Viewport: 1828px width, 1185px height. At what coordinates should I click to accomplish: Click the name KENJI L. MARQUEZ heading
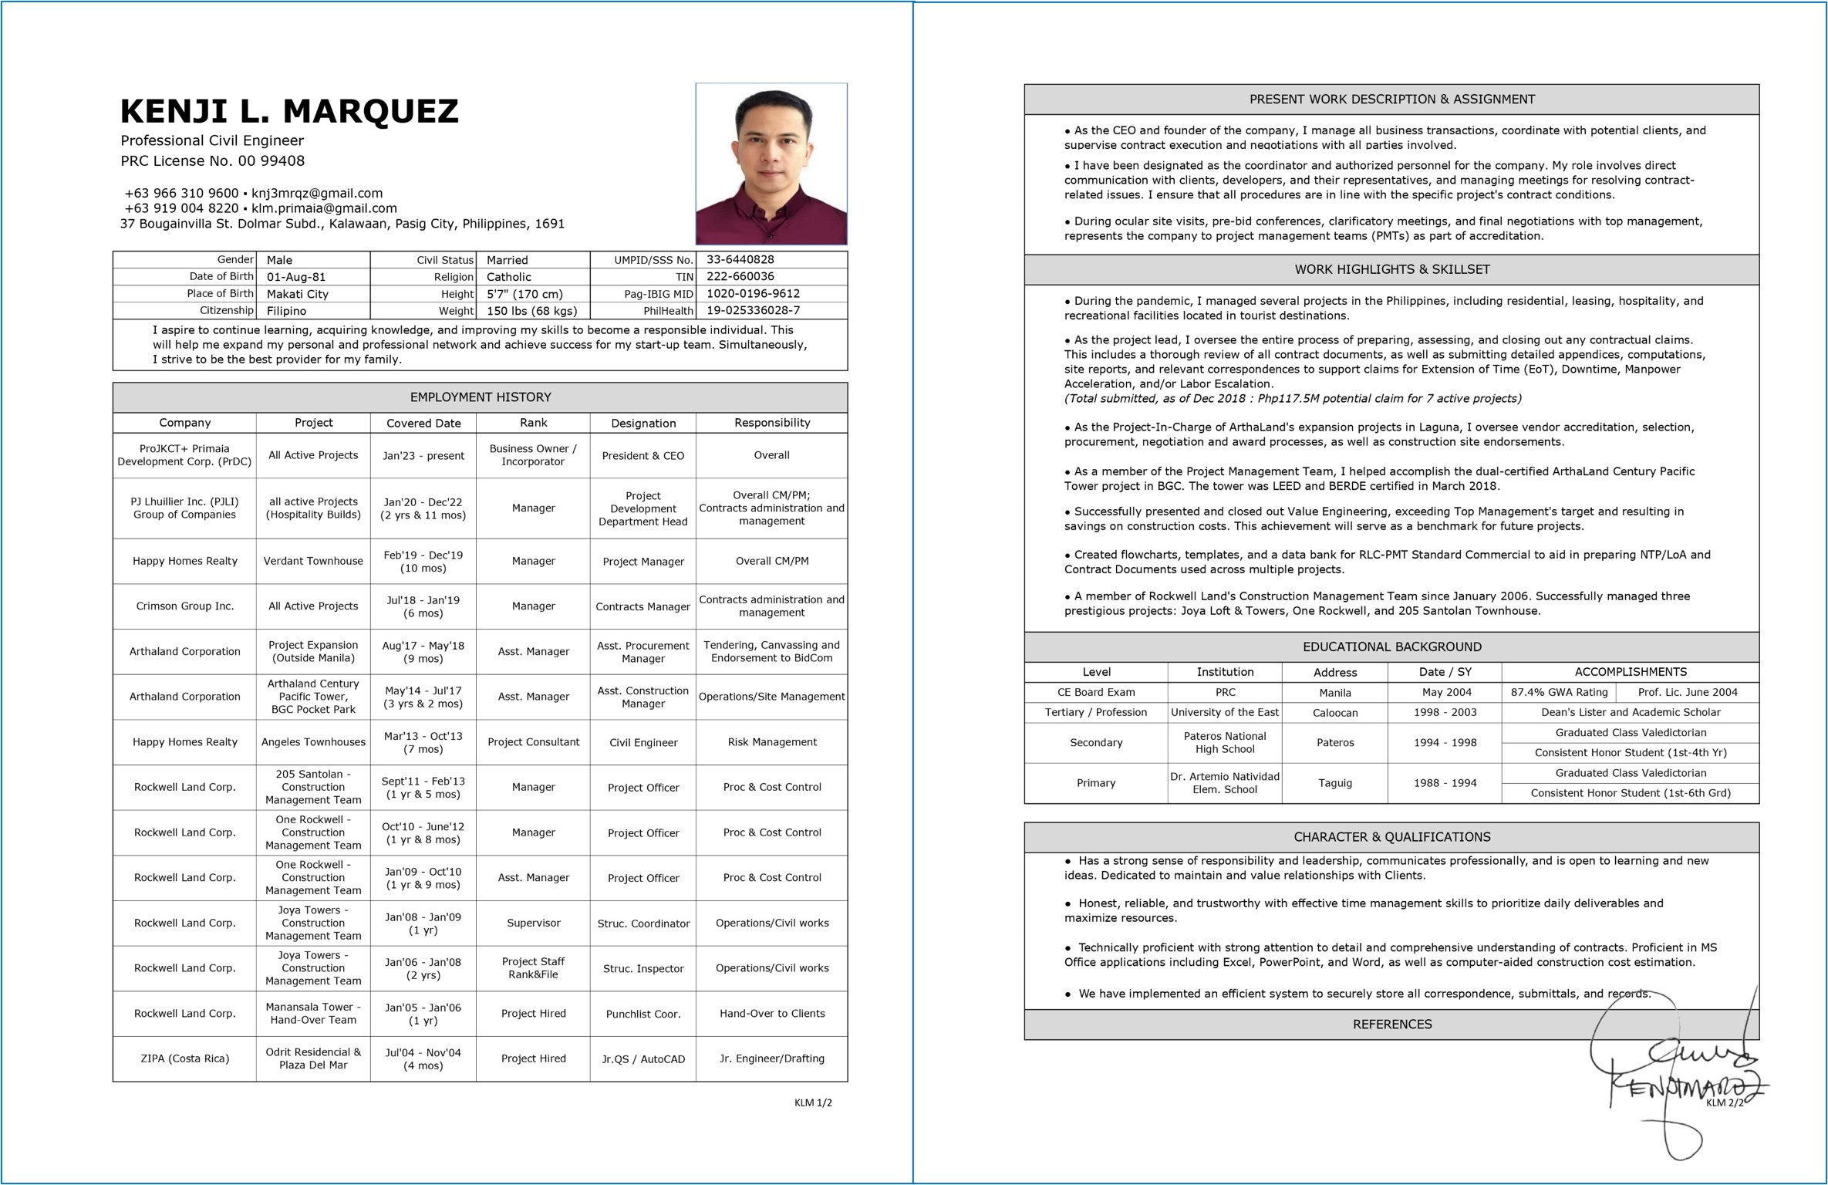(x=289, y=112)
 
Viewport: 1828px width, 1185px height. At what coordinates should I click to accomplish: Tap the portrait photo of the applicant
(x=771, y=164)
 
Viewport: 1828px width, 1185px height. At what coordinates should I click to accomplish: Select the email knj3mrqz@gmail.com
(x=317, y=193)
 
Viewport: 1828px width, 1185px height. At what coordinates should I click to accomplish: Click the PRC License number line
(x=212, y=160)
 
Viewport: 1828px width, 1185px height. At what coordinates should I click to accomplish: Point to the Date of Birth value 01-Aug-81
(x=296, y=277)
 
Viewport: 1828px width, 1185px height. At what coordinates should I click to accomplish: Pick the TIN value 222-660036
(x=740, y=276)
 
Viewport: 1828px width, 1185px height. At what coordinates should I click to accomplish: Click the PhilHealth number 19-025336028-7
(x=753, y=310)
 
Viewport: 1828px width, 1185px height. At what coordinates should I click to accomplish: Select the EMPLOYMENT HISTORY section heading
(x=480, y=397)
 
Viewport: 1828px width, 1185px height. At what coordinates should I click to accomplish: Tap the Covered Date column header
(x=423, y=423)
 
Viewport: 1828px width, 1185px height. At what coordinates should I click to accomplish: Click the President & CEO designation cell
(x=642, y=456)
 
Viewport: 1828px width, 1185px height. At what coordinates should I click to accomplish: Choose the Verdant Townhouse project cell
(x=313, y=561)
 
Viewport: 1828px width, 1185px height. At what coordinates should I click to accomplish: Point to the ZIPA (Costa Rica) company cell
(x=184, y=1058)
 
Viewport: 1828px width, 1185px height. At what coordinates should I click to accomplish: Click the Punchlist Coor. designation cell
(x=642, y=1014)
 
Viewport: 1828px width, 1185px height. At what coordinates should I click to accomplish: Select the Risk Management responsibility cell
(x=771, y=742)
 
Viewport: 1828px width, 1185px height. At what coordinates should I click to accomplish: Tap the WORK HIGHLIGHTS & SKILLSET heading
(x=1391, y=269)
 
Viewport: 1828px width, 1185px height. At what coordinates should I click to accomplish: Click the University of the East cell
(x=1224, y=712)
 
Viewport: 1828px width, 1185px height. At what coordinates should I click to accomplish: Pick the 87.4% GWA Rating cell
(x=1559, y=692)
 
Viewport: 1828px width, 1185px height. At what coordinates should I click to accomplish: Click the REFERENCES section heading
(x=1391, y=1024)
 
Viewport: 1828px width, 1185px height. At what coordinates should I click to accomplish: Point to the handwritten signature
(x=1674, y=1080)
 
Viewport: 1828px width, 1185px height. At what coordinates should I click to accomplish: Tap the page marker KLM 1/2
(x=813, y=1102)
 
